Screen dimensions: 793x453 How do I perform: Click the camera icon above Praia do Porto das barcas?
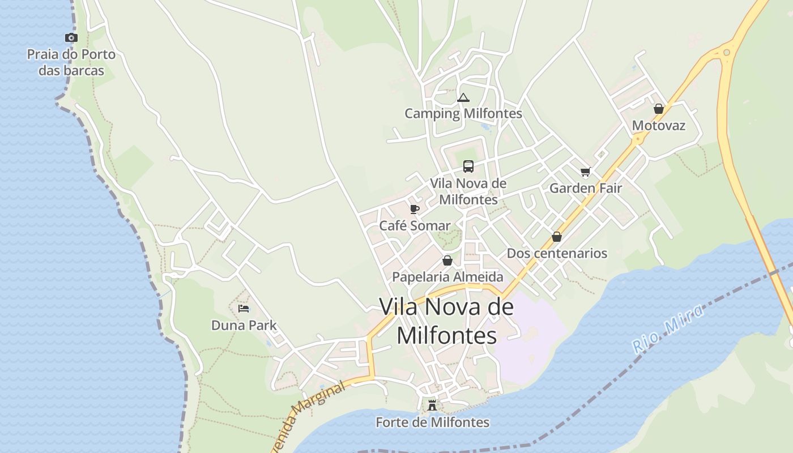71,38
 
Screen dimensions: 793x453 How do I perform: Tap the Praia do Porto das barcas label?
71,62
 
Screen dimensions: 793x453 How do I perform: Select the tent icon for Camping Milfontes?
463,97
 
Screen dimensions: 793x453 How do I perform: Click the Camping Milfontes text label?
463,114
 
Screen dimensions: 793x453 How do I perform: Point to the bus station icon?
468,166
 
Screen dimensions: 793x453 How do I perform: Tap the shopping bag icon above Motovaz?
658,109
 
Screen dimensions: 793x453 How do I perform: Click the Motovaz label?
658,126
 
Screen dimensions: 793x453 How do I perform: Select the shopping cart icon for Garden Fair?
585,172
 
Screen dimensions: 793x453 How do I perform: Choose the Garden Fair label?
586,189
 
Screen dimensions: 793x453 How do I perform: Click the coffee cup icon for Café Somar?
415,209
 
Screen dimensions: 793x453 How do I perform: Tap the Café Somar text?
415,226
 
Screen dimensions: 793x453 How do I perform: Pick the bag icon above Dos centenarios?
557,237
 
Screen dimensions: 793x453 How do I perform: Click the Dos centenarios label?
557,254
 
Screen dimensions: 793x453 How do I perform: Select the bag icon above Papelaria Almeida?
447,260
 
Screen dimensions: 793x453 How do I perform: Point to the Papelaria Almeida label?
447,277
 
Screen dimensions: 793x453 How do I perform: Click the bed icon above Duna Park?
244,309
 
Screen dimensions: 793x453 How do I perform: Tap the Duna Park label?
244,326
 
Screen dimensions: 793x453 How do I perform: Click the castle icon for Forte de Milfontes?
432,405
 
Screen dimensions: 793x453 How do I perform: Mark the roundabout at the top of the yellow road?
726,53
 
